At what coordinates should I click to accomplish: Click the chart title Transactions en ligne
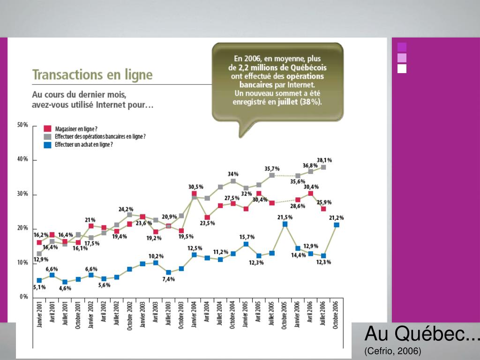tap(92, 75)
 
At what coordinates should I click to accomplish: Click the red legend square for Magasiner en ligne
tap(47, 128)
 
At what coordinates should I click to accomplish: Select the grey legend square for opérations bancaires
tap(47, 136)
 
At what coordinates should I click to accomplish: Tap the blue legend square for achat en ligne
tap(47, 145)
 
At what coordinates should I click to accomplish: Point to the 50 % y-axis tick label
tap(22, 126)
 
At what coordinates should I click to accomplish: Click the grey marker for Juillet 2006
tap(323, 167)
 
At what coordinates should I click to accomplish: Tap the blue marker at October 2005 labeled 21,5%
tap(285, 224)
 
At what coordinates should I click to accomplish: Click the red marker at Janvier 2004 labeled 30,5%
tap(194, 194)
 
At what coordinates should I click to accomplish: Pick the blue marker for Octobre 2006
tap(336, 225)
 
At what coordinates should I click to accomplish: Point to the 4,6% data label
tap(65, 288)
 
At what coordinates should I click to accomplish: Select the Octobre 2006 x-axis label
tap(336, 315)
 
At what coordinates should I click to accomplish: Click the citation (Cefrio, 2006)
tap(393, 351)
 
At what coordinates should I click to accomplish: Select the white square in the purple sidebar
tap(402, 69)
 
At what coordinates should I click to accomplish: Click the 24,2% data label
tap(126, 209)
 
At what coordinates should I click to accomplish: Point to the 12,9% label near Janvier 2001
tap(41, 259)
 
